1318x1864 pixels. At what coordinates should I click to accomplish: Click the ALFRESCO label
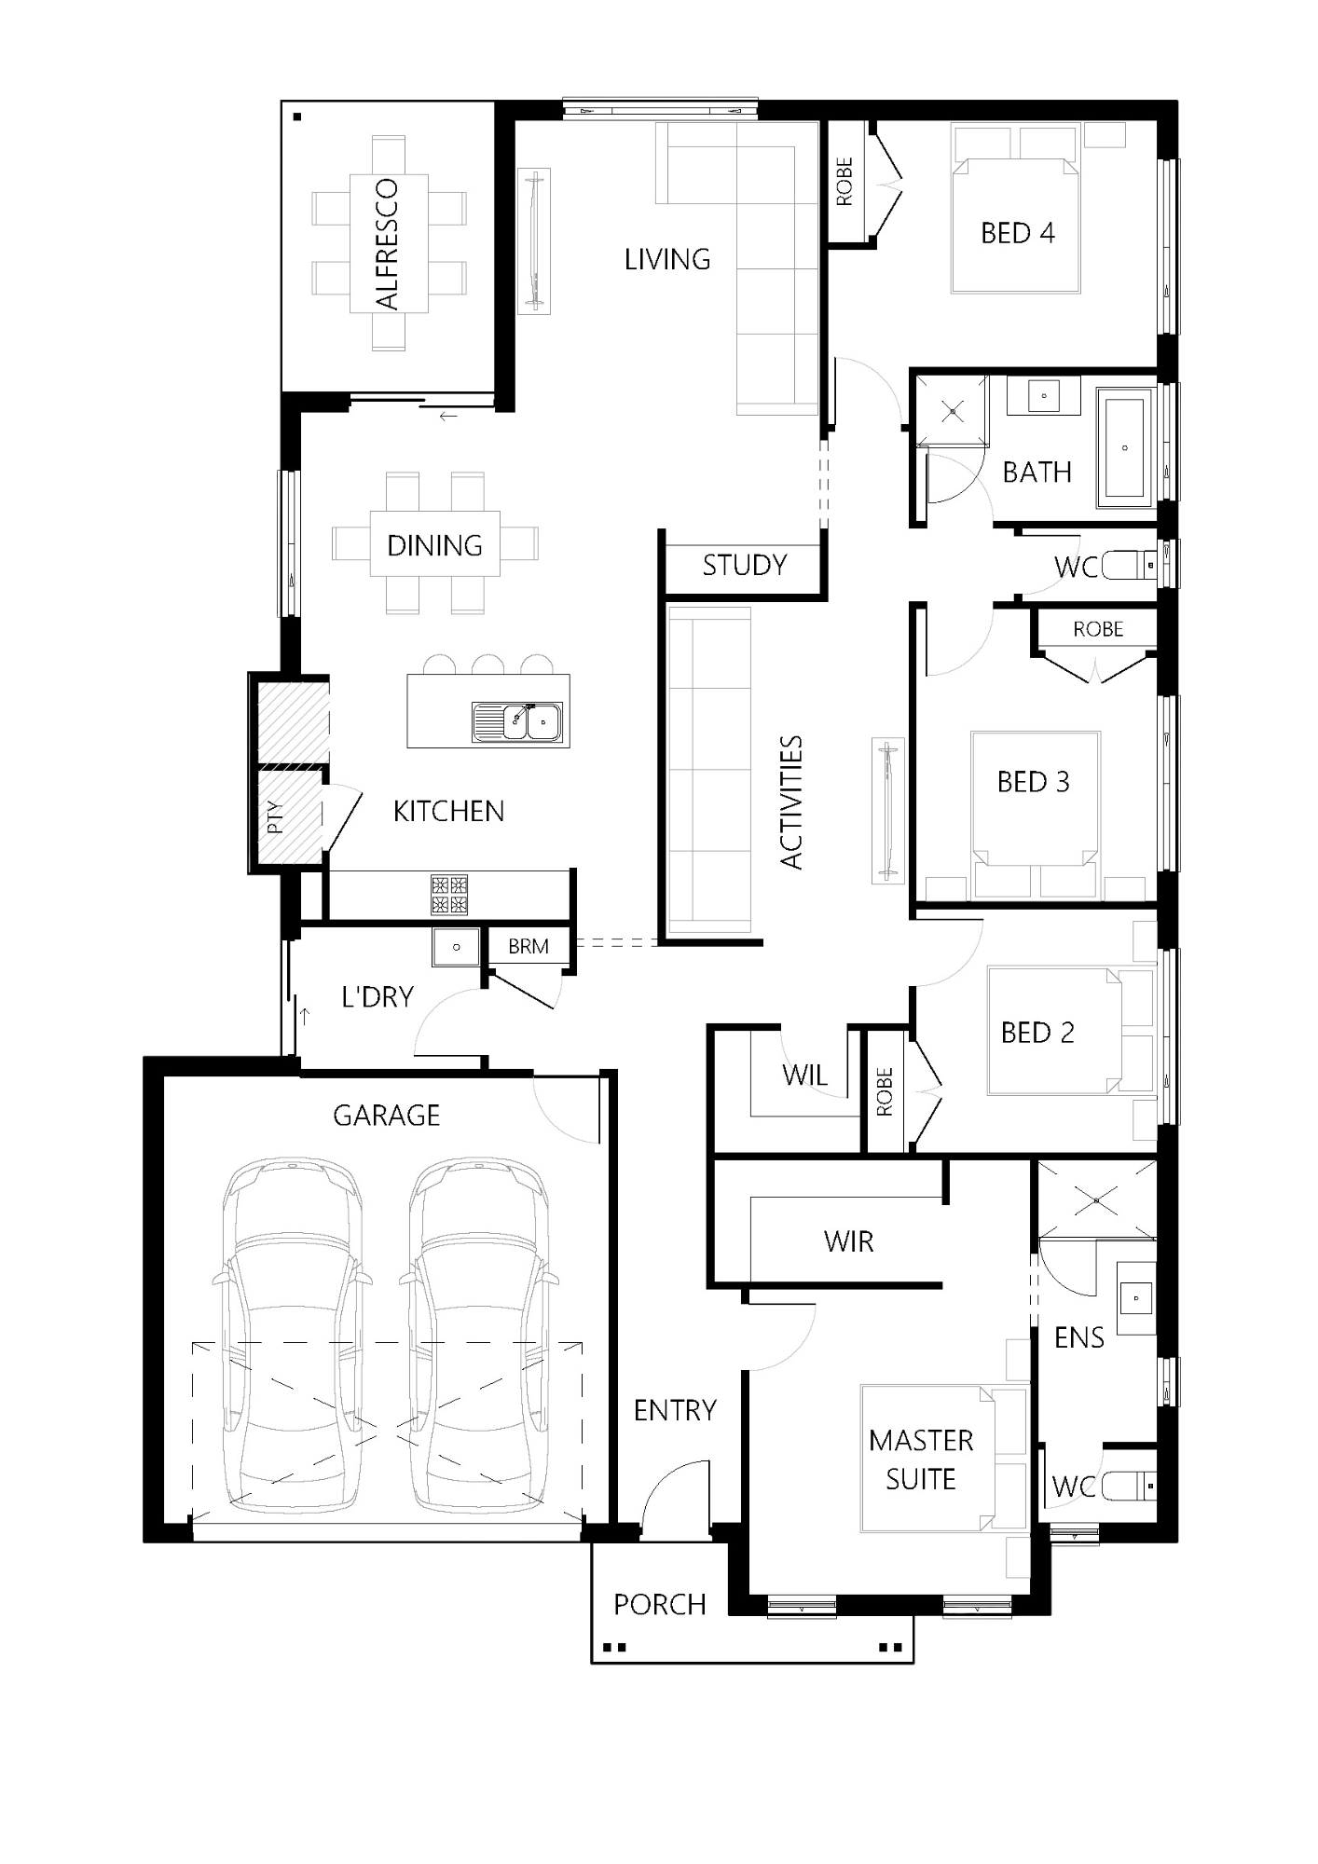387,244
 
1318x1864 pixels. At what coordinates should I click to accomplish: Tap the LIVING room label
667,259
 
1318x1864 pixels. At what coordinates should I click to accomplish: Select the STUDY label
745,565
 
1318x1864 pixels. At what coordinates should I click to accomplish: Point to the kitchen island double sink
517,722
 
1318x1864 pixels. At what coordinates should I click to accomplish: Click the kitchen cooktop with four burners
448,895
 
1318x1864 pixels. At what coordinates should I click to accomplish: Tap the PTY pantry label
275,817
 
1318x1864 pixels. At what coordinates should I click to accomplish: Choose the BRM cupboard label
529,947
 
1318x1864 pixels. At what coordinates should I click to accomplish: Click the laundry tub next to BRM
456,947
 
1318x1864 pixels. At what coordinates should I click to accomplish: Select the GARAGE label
386,1116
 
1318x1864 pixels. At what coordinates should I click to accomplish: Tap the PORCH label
660,1604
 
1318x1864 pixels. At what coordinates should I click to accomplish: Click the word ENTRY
675,1410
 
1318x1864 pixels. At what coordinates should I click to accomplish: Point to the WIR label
849,1241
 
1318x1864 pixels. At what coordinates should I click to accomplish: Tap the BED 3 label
1034,782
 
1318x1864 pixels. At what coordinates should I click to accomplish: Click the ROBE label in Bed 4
844,182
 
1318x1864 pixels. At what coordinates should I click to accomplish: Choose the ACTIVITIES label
791,802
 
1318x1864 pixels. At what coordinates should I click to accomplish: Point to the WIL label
805,1075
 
